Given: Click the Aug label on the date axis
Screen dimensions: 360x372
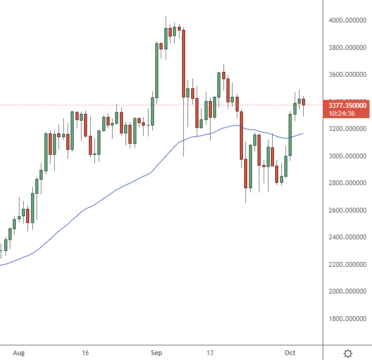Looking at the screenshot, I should (19, 353).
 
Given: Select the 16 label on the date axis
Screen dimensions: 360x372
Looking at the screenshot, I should (85, 353).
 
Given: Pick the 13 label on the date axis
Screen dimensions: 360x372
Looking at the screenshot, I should (211, 353).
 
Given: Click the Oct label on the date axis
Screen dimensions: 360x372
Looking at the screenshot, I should (291, 353).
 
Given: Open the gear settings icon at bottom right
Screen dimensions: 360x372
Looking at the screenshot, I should (348, 353).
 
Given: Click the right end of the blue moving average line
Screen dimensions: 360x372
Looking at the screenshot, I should (303, 133).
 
